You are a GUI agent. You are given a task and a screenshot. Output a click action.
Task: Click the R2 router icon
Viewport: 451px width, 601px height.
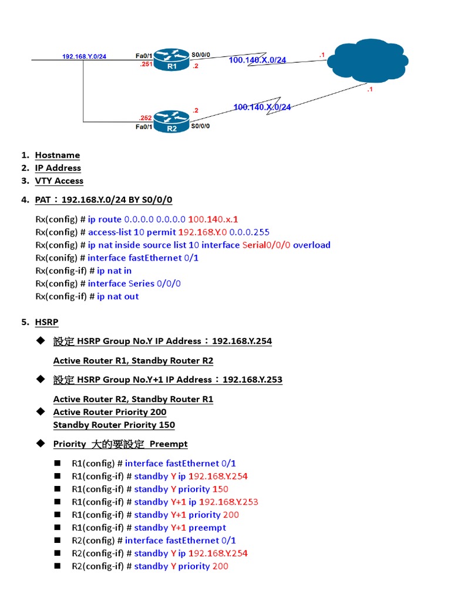(x=171, y=122)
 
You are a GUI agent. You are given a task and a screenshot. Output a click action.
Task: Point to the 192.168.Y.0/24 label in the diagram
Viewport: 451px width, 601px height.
(x=84, y=56)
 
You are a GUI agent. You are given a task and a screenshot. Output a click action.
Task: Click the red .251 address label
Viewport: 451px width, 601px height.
(x=146, y=65)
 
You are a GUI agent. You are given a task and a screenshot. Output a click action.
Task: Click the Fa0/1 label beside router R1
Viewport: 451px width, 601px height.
(x=144, y=56)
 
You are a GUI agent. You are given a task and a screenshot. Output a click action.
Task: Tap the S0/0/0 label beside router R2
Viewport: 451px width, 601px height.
(x=200, y=126)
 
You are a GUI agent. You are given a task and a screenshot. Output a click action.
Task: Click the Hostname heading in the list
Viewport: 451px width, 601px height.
(x=57, y=155)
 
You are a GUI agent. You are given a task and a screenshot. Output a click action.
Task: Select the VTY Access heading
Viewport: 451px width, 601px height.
(x=59, y=181)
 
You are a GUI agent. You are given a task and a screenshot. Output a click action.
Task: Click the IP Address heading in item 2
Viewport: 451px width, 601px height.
(x=58, y=168)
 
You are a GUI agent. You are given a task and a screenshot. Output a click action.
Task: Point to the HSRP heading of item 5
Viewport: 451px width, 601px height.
(x=46, y=322)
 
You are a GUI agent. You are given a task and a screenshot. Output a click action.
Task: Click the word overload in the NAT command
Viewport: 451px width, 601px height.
(x=311, y=245)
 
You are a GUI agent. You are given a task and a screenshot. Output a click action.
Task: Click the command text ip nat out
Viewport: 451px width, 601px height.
(x=118, y=296)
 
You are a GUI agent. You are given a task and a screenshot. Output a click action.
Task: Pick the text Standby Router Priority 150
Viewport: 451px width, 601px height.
(x=114, y=425)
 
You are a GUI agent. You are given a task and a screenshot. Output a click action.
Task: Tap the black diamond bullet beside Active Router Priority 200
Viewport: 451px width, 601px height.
(x=41, y=411)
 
